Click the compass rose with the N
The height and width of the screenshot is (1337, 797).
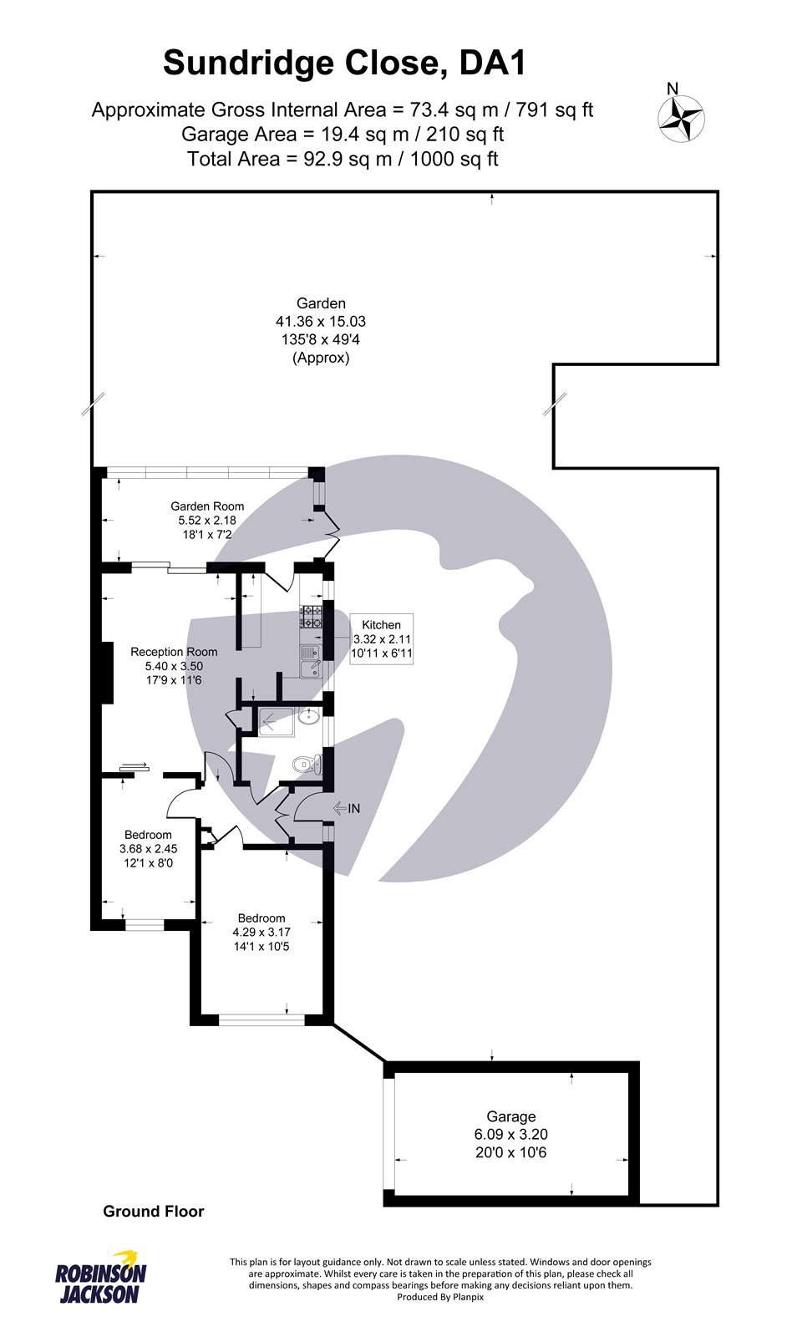pyautogui.click(x=682, y=118)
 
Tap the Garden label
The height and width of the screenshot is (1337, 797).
pyautogui.click(x=321, y=303)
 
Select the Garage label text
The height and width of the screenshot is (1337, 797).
pyautogui.click(x=510, y=1116)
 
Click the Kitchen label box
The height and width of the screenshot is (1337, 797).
pyautogui.click(x=382, y=639)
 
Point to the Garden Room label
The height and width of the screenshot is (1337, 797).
pyautogui.click(x=207, y=506)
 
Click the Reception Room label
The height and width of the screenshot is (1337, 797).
pyautogui.click(x=174, y=652)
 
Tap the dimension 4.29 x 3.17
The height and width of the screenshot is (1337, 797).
pyautogui.click(x=261, y=932)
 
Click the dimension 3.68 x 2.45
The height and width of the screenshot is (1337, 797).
pyautogui.click(x=148, y=848)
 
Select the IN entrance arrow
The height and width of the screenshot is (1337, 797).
pyautogui.click(x=346, y=808)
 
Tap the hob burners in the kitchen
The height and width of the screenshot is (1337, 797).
pyautogui.click(x=312, y=617)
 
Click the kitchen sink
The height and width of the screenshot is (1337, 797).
pyautogui.click(x=311, y=662)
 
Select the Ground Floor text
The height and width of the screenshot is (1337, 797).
pyautogui.click(x=153, y=1211)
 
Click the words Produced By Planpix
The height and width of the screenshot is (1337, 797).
pyautogui.click(x=440, y=1297)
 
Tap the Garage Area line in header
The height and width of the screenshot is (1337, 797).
pyautogui.click(x=343, y=134)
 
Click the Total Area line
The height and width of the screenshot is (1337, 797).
pyautogui.click(x=343, y=159)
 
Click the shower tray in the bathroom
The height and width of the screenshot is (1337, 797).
pyautogui.click(x=275, y=720)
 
